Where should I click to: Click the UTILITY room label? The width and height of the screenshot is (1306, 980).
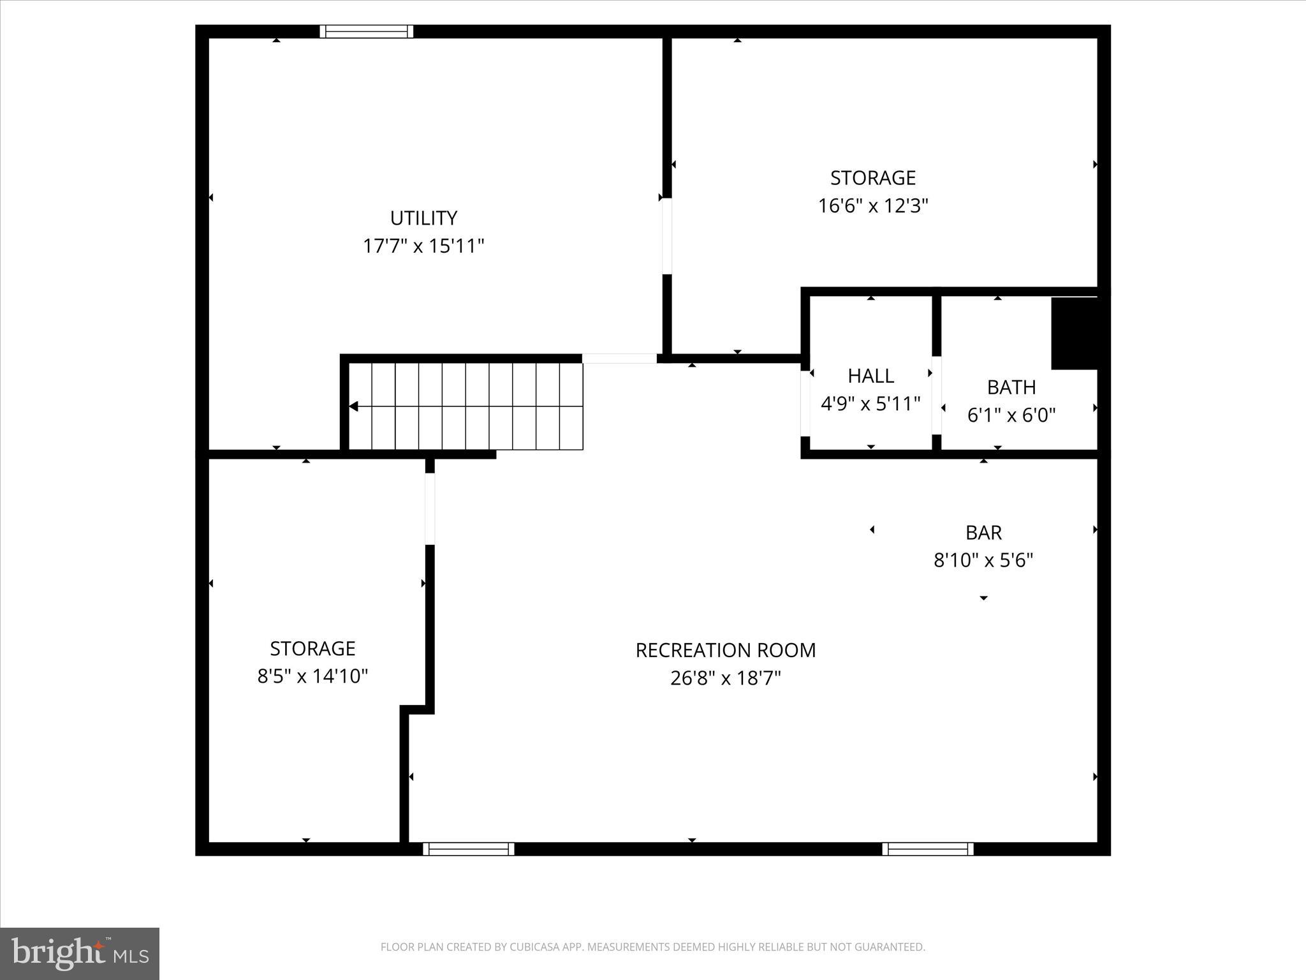(x=423, y=218)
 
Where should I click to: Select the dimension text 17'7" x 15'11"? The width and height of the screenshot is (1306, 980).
(x=423, y=246)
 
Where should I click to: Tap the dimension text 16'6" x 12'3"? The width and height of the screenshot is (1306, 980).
(x=873, y=206)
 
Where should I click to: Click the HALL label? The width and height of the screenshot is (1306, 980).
(x=870, y=376)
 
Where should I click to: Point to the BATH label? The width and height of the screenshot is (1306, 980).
(x=1011, y=387)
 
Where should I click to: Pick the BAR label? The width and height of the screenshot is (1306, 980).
(x=983, y=532)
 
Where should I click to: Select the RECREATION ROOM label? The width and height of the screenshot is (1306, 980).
(x=726, y=650)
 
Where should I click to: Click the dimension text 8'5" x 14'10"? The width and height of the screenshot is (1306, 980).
(x=312, y=676)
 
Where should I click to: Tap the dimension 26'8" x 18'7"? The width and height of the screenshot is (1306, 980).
(x=726, y=678)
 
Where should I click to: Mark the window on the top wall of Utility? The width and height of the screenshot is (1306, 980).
(x=367, y=31)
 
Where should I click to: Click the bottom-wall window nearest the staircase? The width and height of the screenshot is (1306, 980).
(x=469, y=849)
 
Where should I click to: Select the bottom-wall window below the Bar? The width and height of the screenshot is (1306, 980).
(x=928, y=849)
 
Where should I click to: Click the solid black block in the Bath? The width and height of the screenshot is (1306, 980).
(x=1075, y=333)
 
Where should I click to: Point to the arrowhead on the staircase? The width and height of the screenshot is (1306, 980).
(x=353, y=406)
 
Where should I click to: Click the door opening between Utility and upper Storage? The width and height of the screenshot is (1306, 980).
(x=667, y=236)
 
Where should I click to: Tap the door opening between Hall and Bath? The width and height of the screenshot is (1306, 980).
(x=936, y=396)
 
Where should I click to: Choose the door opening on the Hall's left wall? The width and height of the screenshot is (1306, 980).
(x=805, y=403)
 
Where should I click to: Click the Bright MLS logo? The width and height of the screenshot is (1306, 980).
(x=80, y=953)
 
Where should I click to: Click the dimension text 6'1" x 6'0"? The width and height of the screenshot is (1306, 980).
(x=1011, y=415)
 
